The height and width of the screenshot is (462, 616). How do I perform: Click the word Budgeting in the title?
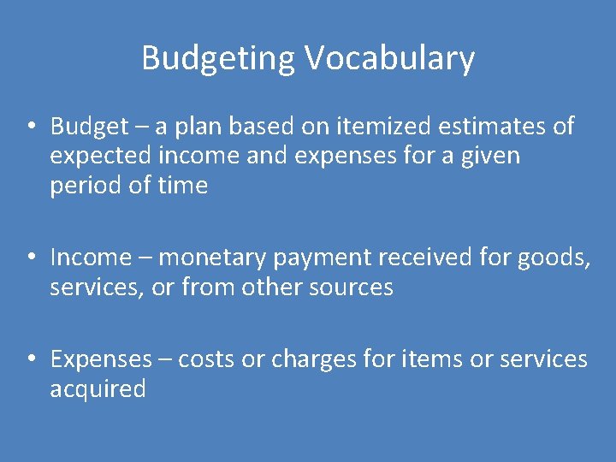[x=218, y=58]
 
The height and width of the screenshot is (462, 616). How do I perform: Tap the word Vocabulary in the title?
[x=388, y=58]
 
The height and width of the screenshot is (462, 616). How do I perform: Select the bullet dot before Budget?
[x=30, y=127]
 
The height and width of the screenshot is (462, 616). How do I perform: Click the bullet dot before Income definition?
[x=30, y=257]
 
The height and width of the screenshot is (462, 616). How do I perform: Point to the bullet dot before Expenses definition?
[x=30, y=359]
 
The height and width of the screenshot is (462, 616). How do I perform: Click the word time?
[x=183, y=186]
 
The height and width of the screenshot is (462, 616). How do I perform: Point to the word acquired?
[x=98, y=390]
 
